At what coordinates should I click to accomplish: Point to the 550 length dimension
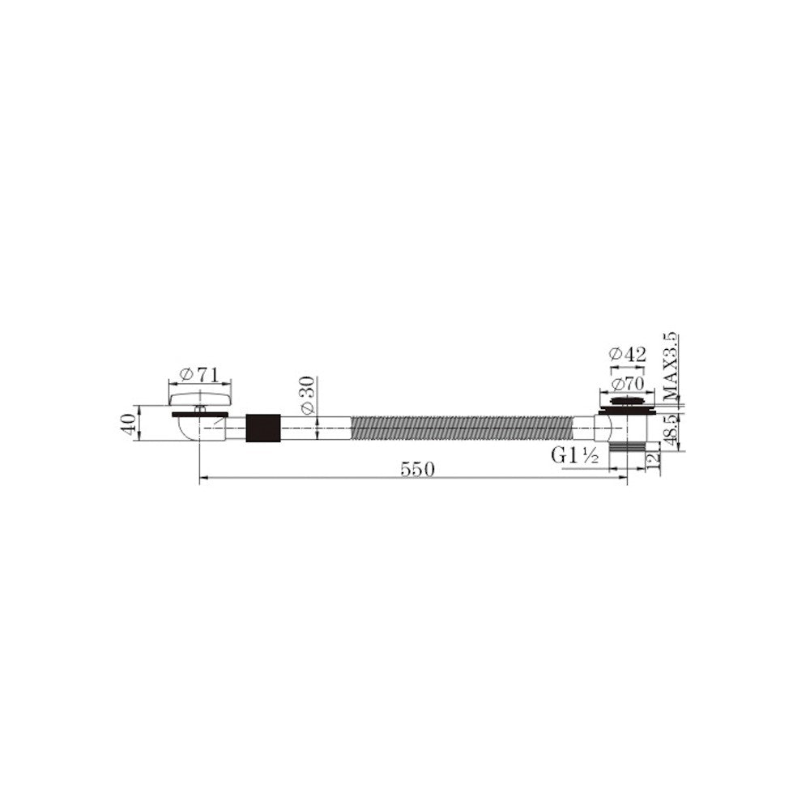pyautogui.click(x=416, y=469)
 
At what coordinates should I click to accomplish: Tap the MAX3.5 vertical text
pyautogui.click(x=670, y=367)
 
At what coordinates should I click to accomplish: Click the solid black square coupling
pyautogui.click(x=263, y=427)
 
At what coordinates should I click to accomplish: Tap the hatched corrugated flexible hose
pyautogui.click(x=462, y=427)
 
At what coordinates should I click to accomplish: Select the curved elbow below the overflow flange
pyautogui.click(x=188, y=430)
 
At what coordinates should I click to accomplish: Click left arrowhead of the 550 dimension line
pyautogui.click(x=203, y=478)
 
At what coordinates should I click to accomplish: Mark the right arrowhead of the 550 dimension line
pyautogui.click(x=623, y=478)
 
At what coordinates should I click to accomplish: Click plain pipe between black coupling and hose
pyautogui.click(x=316, y=427)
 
